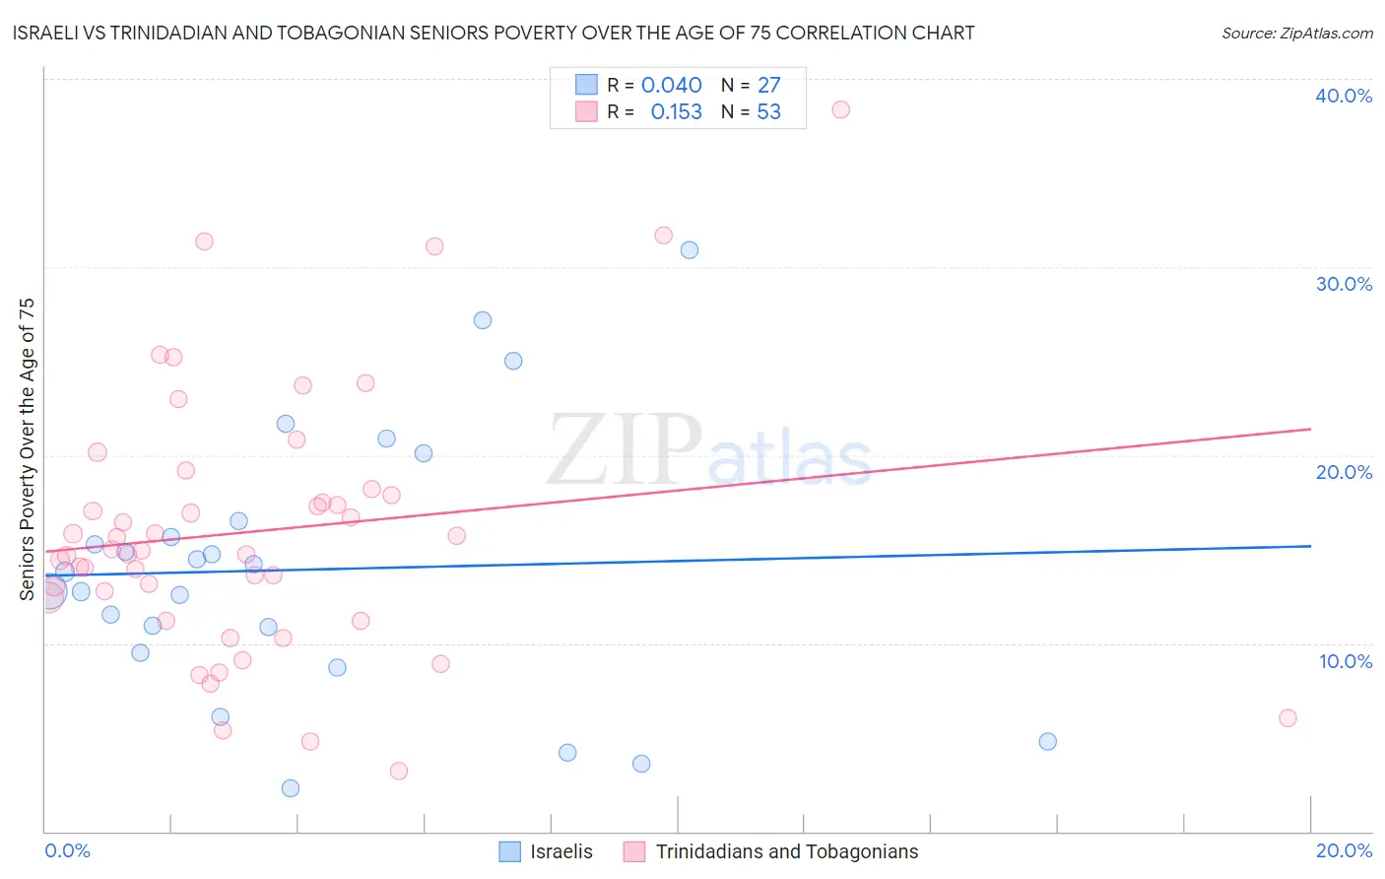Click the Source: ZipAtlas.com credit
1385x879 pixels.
[x=1296, y=34]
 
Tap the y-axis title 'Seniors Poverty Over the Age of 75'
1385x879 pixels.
[x=27, y=448]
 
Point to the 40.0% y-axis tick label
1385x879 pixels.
[x=1344, y=96]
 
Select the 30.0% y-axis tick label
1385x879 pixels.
[x=1344, y=284]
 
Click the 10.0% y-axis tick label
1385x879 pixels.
[x=1344, y=661]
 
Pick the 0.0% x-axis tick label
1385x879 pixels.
[x=67, y=850]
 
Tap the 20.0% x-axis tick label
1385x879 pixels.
[x=1344, y=850]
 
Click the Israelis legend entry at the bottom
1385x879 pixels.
[x=547, y=851]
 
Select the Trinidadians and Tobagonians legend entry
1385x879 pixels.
[x=771, y=851]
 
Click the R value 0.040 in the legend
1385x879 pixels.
[x=671, y=86]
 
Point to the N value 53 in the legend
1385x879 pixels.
[x=768, y=112]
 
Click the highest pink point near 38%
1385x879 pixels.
[x=840, y=109]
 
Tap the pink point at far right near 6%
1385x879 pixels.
[x=1287, y=718]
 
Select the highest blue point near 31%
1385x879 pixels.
[x=690, y=250]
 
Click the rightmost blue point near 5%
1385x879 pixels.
[x=1047, y=741]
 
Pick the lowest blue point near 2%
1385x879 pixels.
[x=291, y=788]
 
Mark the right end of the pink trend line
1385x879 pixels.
[x=1310, y=429]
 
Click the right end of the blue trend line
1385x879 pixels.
[x=1310, y=546]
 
